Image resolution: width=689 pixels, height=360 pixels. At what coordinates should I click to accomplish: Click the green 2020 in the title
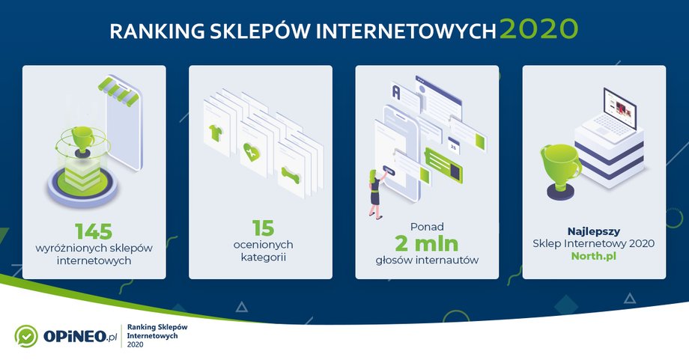[538, 29]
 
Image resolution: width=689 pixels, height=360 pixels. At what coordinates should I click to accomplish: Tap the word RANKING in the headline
[157, 31]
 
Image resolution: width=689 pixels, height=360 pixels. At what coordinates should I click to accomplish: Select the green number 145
[94, 231]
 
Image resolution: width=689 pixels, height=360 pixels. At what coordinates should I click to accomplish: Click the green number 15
[263, 228]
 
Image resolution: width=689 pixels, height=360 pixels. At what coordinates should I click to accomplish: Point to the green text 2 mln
[427, 243]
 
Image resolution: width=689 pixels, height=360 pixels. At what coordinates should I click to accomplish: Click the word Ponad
[427, 227]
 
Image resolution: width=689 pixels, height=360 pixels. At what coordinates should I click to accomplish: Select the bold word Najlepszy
[594, 231]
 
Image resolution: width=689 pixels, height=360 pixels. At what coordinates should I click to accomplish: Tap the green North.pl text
[594, 256]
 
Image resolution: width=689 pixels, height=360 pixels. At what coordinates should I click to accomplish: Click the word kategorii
[263, 257]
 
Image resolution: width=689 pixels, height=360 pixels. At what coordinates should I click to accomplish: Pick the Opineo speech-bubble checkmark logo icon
[26, 336]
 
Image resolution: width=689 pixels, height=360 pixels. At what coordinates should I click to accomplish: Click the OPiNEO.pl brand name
[80, 337]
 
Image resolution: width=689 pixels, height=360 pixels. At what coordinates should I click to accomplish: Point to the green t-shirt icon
[216, 132]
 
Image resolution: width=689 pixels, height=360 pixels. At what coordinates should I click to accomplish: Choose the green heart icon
[252, 152]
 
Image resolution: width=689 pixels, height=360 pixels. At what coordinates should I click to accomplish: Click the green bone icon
[291, 174]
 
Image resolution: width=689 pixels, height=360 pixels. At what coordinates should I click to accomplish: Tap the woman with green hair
[376, 194]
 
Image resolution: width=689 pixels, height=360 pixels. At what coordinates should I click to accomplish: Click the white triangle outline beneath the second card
[242, 307]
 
